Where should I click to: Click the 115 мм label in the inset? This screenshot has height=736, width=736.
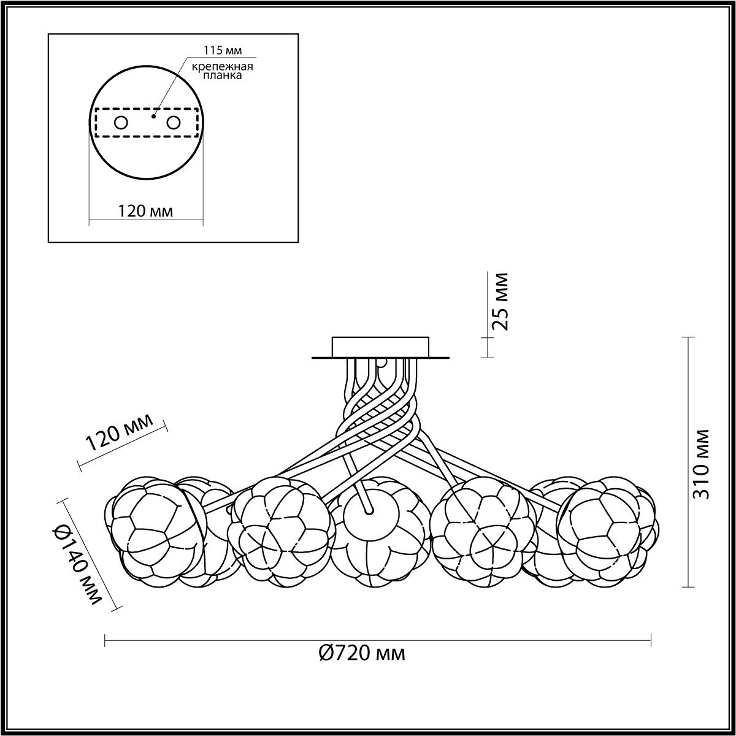tap(223, 50)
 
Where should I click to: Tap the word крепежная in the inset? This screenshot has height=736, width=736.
tap(222, 66)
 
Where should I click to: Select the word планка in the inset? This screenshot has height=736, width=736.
tap(222, 75)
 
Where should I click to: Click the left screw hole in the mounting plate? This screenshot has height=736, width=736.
tap(121, 123)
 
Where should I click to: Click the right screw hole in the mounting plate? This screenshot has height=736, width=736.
tap(173, 123)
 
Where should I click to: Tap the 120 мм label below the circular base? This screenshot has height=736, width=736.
tap(145, 211)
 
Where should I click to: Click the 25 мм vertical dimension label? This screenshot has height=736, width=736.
tap(500, 301)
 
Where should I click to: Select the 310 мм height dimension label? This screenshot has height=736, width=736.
tap(701, 464)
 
